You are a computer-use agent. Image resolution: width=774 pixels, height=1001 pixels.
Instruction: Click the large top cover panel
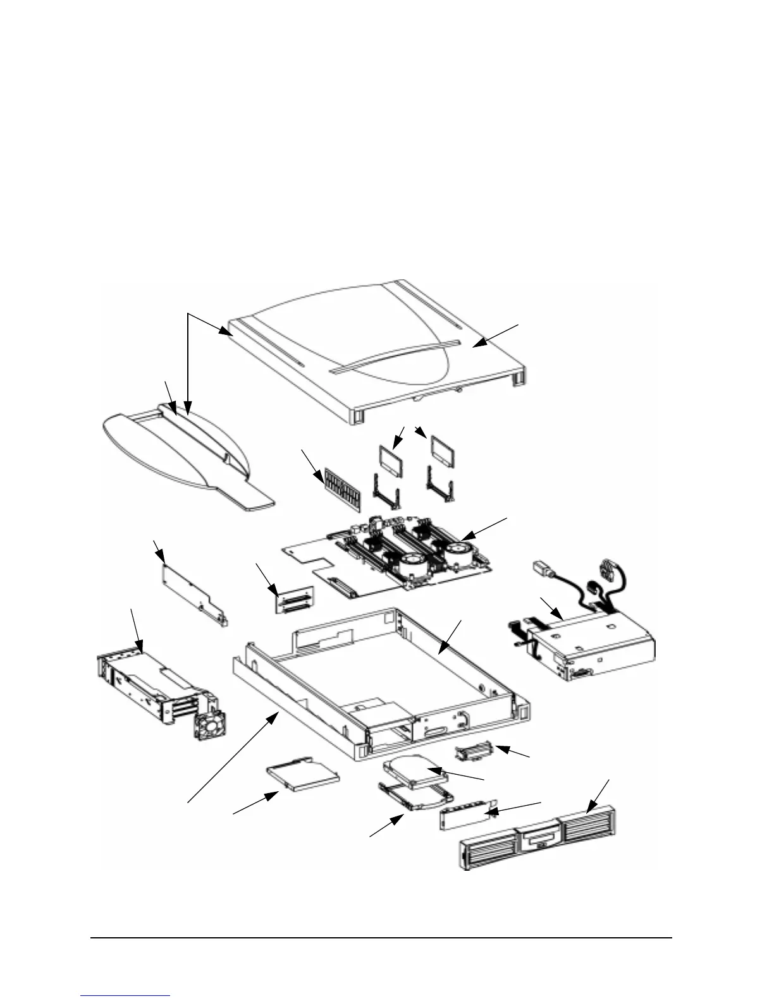point(379,354)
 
